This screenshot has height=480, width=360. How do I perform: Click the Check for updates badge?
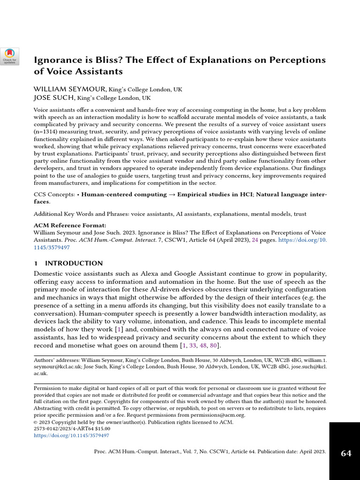click(x=9, y=56)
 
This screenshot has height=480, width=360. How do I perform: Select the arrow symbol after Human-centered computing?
click(x=172, y=195)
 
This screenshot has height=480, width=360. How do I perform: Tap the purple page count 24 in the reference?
click(x=255, y=240)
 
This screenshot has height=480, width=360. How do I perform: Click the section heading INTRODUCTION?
click(x=74, y=263)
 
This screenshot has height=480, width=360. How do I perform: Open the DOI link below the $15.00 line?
click(x=71, y=435)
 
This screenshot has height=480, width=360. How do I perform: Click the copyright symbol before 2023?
click(x=36, y=422)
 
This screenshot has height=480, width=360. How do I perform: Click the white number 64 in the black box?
click(x=346, y=453)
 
